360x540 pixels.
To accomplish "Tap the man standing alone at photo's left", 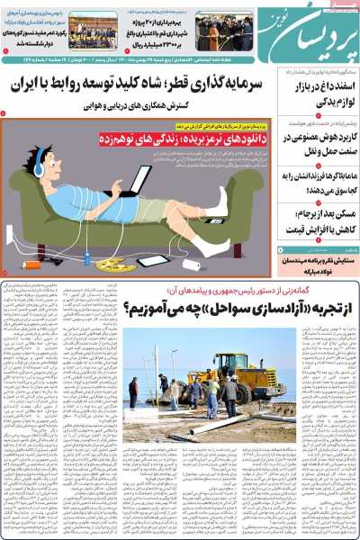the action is (x=133, y=391).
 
